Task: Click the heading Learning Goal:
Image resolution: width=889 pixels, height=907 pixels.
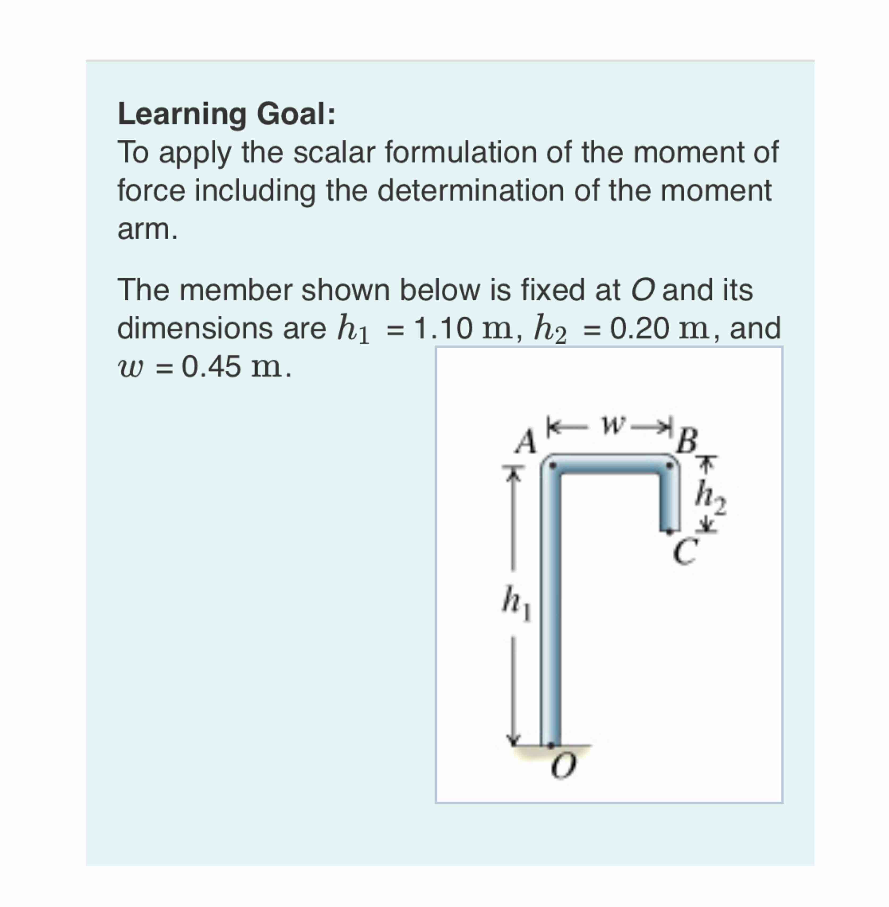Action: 226,114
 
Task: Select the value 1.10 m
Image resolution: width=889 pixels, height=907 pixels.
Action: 465,328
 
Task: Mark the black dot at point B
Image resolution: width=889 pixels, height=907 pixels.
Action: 671,465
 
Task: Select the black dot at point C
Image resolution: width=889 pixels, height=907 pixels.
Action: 671,531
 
